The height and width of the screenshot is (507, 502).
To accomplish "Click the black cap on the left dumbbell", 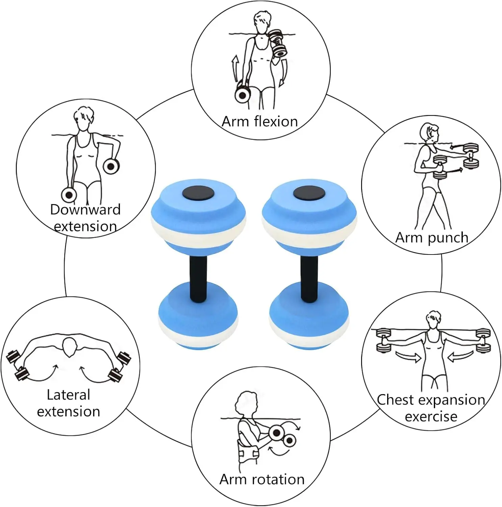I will point(198,193).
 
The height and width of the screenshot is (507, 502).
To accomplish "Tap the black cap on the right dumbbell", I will point(309,193).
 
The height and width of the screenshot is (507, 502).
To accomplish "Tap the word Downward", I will point(85,210).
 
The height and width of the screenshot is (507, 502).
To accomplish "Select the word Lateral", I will point(68,395).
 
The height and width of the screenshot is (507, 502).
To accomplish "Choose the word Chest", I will point(395,400).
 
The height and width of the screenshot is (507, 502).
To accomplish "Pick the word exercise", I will point(431,417).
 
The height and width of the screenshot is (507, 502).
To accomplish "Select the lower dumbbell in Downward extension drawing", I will point(69,195).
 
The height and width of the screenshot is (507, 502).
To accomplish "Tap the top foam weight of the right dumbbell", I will point(309,216).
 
